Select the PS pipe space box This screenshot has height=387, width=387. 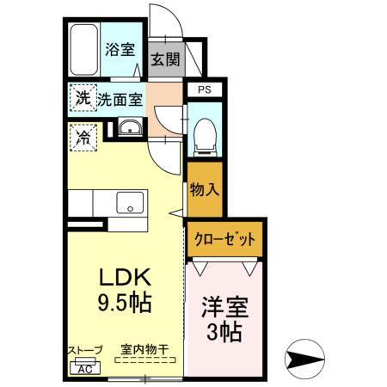coord(204,89)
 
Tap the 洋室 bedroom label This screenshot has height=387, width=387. coord(222,305)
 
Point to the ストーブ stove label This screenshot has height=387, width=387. coord(85,350)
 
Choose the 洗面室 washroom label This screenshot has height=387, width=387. coord(120,99)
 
